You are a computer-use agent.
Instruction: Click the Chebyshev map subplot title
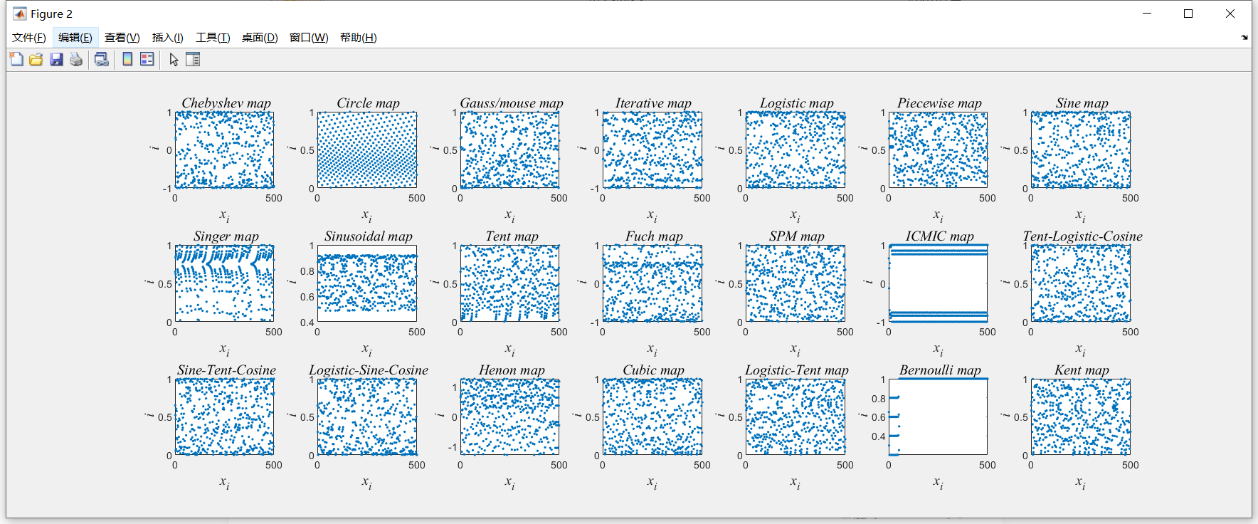[226, 103]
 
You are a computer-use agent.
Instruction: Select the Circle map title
[368, 103]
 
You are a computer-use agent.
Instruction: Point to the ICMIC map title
[939, 236]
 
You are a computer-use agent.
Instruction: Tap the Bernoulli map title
[939, 370]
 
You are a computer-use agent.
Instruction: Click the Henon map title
[512, 370]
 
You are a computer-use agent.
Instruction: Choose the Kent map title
[1082, 370]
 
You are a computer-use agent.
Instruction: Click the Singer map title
[226, 236]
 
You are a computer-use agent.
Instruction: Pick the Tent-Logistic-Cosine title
[1082, 236]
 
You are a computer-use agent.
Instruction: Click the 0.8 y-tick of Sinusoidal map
[307, 271]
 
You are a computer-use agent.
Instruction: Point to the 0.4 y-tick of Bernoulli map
[878, 436]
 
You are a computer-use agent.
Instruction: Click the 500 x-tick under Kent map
[1130, 466]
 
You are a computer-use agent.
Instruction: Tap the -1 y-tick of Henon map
[452, 447]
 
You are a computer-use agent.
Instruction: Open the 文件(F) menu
[29, 38]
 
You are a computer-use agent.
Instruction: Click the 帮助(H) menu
[358, 38]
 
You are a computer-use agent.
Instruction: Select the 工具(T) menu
[213, 38]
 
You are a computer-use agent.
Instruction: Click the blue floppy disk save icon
[56, 60]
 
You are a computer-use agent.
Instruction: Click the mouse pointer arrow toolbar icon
[174, 60]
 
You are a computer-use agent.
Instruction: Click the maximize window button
[1188, 14]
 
